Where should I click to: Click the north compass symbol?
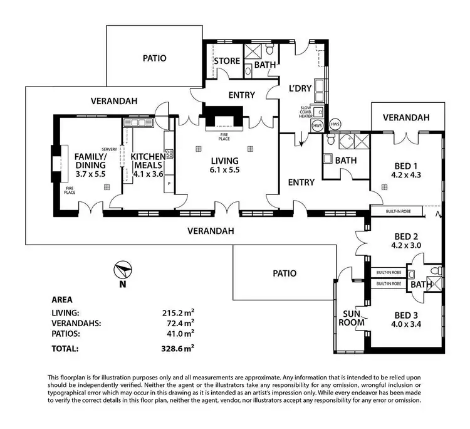pos(123,270)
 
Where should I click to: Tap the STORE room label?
pos(227,61)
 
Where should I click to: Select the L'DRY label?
pos(300,88)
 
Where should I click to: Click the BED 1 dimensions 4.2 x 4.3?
pos(406,175)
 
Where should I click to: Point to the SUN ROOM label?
pos(352,318)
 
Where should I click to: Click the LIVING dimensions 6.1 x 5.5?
pos(224,170)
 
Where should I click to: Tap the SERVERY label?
pos(110,149)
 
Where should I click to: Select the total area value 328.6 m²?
pos(177,349)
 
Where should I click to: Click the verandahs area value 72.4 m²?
pos(180,323)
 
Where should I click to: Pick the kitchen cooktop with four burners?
pos(169,154)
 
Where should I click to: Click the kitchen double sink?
pos(138,122)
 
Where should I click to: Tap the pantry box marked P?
pos(169,184)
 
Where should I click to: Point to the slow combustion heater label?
pos(306,112)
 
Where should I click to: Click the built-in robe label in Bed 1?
pos(398,211)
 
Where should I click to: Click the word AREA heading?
pos(62,300)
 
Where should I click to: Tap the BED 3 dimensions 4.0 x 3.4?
pos(406,324)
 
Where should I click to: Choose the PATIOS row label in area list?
pos(66,334)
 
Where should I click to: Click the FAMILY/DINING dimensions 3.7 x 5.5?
pos(90,174)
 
